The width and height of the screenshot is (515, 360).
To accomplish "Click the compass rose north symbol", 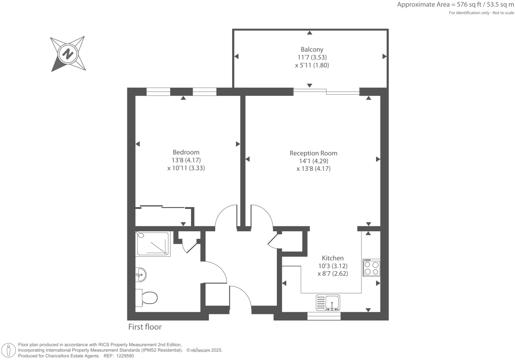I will [x=68, y=53].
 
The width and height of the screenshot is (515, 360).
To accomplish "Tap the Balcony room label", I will [x=312, y=49].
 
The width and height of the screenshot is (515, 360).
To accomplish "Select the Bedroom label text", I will [x=186, y=152].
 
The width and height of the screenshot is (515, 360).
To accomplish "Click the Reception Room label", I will [x=313, y=153].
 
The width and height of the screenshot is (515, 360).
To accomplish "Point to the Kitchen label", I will [x=333, y=258].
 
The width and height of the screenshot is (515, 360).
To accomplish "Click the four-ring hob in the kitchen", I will [x=371, y=268].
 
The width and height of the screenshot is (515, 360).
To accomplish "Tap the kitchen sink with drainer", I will [x=328, y=303].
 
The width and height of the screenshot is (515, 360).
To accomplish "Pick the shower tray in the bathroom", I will [x=153, y=244].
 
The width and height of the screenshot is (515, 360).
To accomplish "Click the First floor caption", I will [x=145, y=327].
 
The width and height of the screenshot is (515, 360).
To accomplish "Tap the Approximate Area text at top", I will [x=455, y=5].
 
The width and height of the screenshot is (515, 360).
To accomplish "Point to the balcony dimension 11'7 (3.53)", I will [x=312, y=57].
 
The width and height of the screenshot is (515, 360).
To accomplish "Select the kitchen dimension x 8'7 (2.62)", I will [x=333, y=274].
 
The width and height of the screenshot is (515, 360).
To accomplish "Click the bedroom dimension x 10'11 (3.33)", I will [x=186, y=168].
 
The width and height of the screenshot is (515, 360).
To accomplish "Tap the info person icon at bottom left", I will [x=9, y=350].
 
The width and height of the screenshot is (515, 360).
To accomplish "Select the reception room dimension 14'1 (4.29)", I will [x=313, y=161].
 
